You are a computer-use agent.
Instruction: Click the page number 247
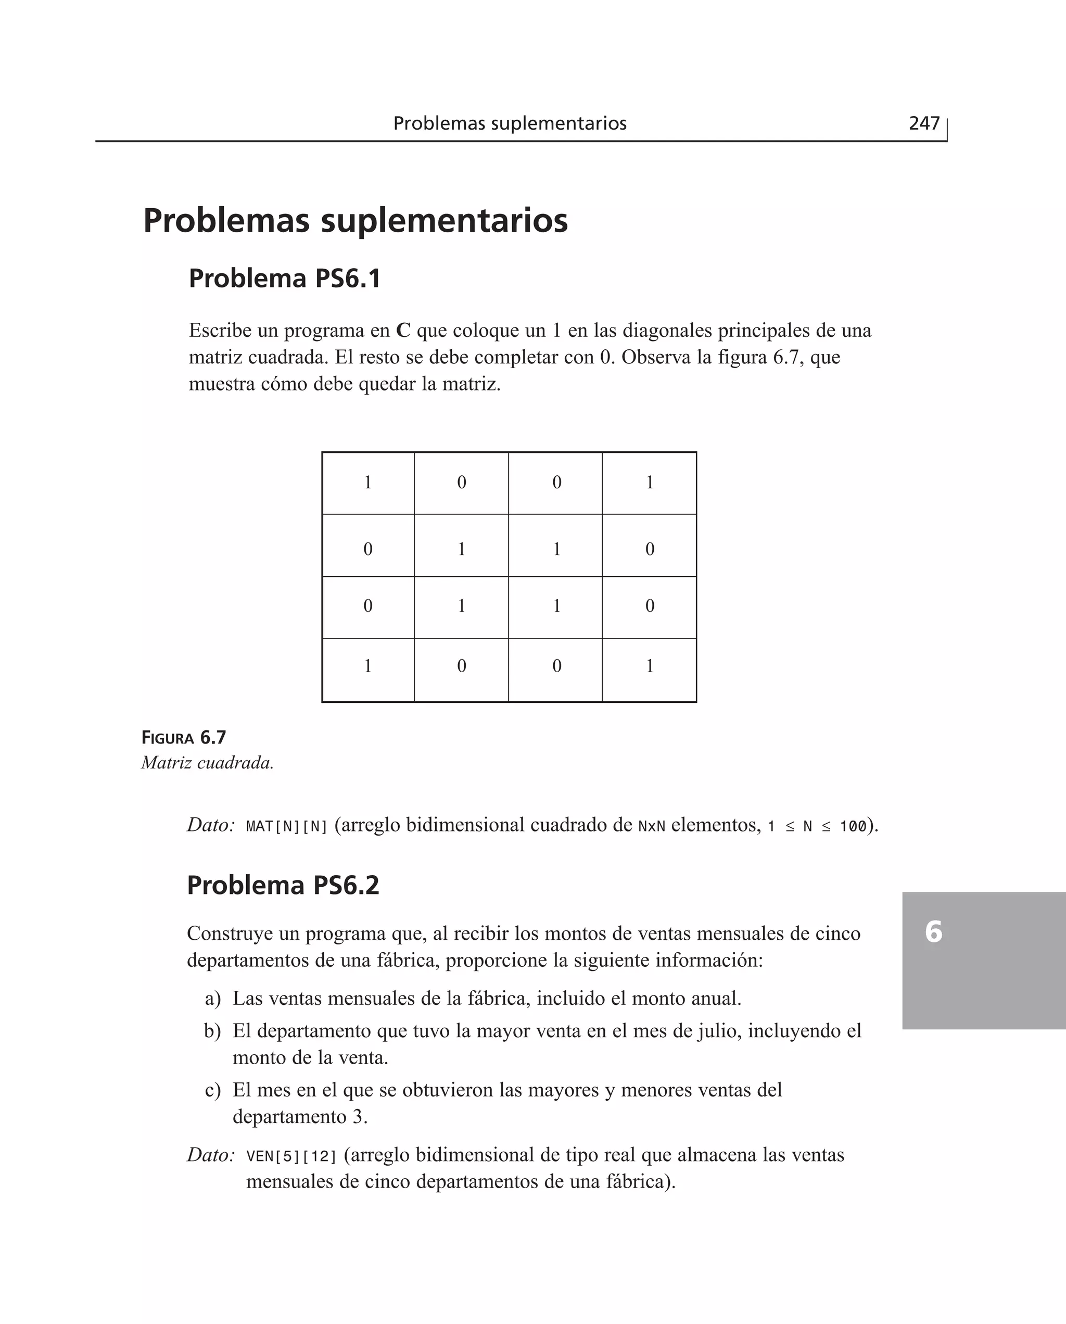pos(923,123)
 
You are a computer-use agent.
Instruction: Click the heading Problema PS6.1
pos(284,278)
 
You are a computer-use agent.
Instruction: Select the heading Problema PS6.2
pos(283,885)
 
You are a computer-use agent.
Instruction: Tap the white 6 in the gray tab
pos(933,931)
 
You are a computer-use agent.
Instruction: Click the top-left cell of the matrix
pos(368,483)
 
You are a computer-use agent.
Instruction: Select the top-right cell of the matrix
pos(649,483)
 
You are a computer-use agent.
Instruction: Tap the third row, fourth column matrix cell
pos(649,607)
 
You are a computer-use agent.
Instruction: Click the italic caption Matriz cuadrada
pos(208,763)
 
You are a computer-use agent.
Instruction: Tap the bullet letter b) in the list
pos(212,1031)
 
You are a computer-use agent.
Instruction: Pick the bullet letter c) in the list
pos(212,1090)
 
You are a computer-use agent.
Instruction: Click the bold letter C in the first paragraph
pos(403,331)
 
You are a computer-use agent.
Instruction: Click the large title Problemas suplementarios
pos(355,221)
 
